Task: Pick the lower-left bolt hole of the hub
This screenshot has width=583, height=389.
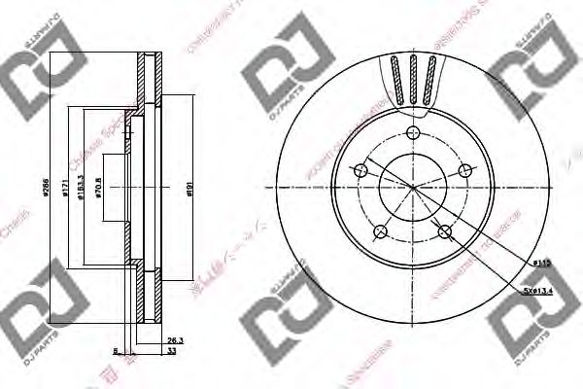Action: click(x=380, y=232)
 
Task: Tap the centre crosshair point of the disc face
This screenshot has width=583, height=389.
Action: click(x=410, y=187)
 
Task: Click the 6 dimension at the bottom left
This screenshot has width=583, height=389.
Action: click(x=115, y=351)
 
